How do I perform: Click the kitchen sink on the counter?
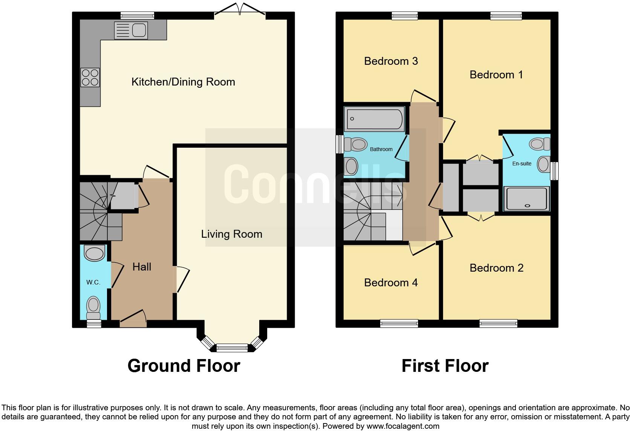tap(131, 30)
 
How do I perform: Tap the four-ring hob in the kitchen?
tap(90, 77)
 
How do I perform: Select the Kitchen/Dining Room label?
tap(183, 82)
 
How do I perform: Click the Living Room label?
tap(231, 234)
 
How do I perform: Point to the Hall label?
tap(142, 267)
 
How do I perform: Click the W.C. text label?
tap(93, 282)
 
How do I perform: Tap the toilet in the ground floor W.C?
tap(93, 307)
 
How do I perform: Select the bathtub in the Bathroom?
tap(374, 119)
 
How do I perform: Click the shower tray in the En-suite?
tap(526, 199)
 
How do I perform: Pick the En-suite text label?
tap(522, 164)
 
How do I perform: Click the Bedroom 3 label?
tap(391, 61)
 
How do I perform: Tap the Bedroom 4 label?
tap(391, 283)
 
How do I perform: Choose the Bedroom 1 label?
tap(496, 75)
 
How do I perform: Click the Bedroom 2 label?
tap(496, 268)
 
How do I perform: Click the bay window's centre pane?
tap(232, 347)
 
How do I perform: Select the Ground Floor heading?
tap(183, 366)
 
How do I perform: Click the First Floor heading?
tap(445, 366)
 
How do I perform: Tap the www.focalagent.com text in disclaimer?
tap(403, 426)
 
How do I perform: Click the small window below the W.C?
tap(94, 324)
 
